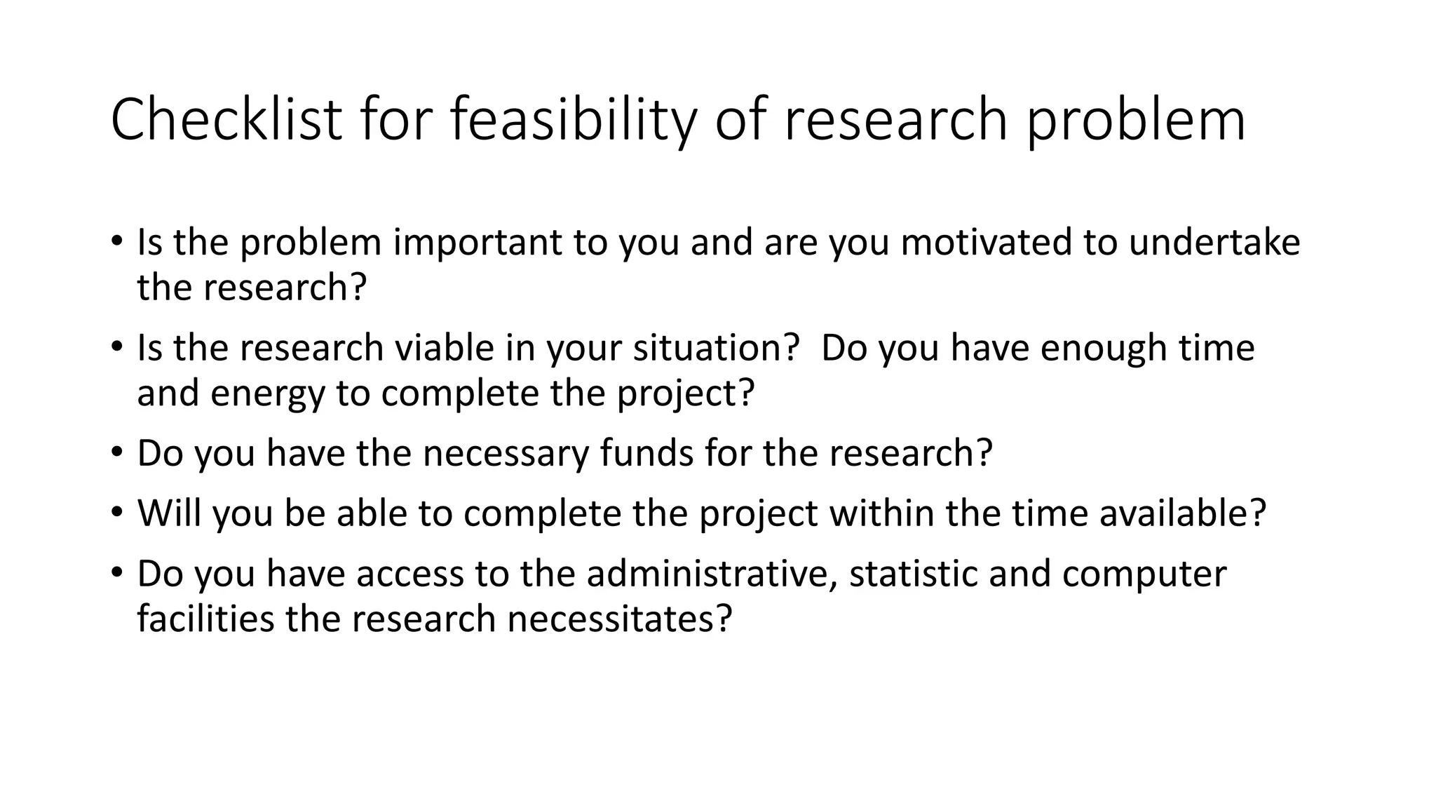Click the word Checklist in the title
click(226, 119)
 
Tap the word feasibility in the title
click(573, 119)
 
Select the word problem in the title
click(1137, 119)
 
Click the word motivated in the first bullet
click(986, 242)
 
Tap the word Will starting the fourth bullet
click(169, 513)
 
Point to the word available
click(1182, 513)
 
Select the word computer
click(1144, 574)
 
